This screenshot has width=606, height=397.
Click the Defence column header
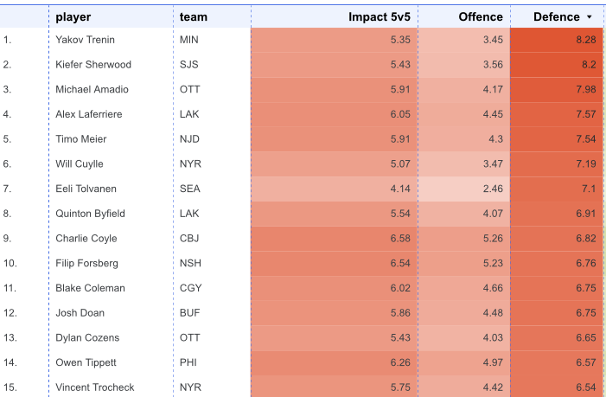tap(556, 17)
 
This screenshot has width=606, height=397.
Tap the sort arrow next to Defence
tap(589, 17)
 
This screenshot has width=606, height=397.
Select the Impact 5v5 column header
tap(380, 17)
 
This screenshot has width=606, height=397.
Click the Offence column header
tap(481, 17)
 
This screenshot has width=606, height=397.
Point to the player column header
tap(73, 17)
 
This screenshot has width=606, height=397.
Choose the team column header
tap(194, 17)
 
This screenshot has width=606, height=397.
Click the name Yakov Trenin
tap(85, 40)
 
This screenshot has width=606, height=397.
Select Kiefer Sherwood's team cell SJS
tap(189, 65)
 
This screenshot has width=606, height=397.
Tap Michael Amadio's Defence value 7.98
tap(586, 89)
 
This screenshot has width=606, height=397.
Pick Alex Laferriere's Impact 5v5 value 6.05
tap(400, 114)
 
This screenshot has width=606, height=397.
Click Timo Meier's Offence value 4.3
tap(495, 139)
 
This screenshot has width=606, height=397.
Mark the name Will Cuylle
tap(80, 163)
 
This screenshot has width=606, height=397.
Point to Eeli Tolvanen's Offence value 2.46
tap(493, 189)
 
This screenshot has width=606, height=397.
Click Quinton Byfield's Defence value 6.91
tap(586, 214)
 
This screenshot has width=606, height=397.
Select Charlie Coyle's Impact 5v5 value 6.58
tap(400, 238)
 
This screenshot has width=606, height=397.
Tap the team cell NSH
tap(190, 263)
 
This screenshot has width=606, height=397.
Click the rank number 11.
tap(10, 288)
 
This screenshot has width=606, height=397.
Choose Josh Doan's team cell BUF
tap(190, 313)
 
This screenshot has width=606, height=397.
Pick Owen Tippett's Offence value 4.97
tap(493, 362)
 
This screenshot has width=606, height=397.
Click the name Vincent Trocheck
tap(95, 387)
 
